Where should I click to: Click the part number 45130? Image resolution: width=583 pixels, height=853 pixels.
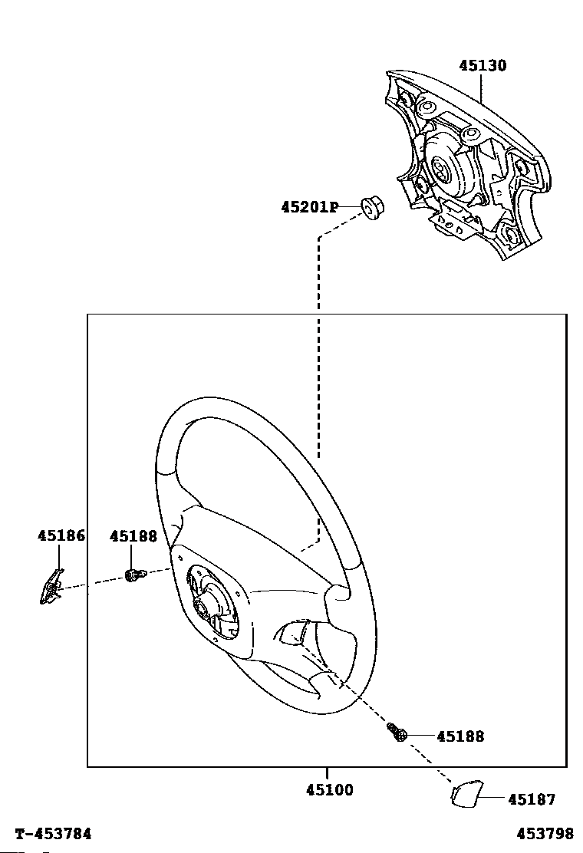click(483, 66)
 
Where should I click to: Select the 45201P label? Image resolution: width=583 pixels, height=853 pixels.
click(309, 207)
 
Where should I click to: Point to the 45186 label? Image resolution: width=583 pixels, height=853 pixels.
click(61, 536)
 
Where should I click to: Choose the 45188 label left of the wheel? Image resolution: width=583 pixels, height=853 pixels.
click(133, 536)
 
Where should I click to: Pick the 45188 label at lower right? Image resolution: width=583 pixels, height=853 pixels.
click(460, 736)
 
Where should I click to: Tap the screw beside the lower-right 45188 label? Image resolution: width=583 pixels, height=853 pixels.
click(398, 733)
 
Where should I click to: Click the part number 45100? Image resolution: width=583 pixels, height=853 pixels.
click(330, 790)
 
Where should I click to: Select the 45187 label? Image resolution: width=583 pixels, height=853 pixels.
click(532, 800)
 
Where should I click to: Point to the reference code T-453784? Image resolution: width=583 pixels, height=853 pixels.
click(54, 834)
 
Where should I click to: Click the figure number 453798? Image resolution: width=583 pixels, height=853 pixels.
click(545, 834)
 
